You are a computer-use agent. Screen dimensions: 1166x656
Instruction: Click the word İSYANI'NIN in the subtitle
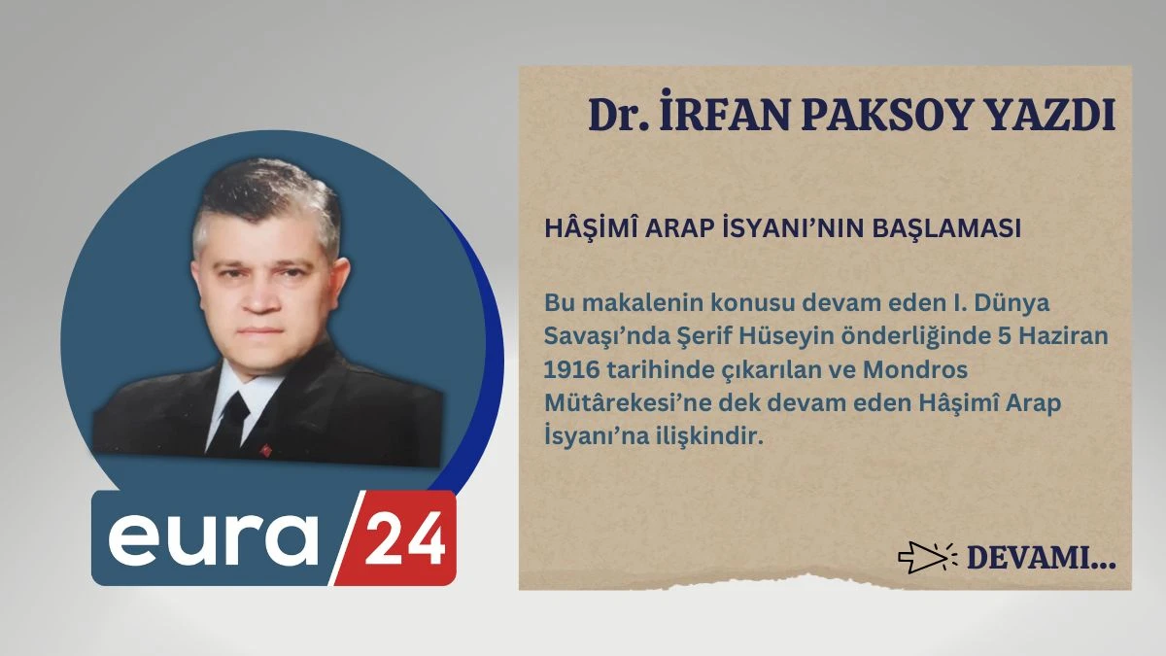[x=795, y=228]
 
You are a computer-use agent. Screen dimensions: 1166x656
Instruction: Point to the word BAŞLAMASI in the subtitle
[x=946, y=229]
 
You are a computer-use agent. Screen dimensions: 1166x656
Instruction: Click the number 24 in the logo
[x=404, y=538]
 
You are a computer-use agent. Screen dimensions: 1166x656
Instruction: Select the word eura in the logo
[x=213, y=540]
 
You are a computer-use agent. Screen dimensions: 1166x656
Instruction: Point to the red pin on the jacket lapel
[x=266, y=450]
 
